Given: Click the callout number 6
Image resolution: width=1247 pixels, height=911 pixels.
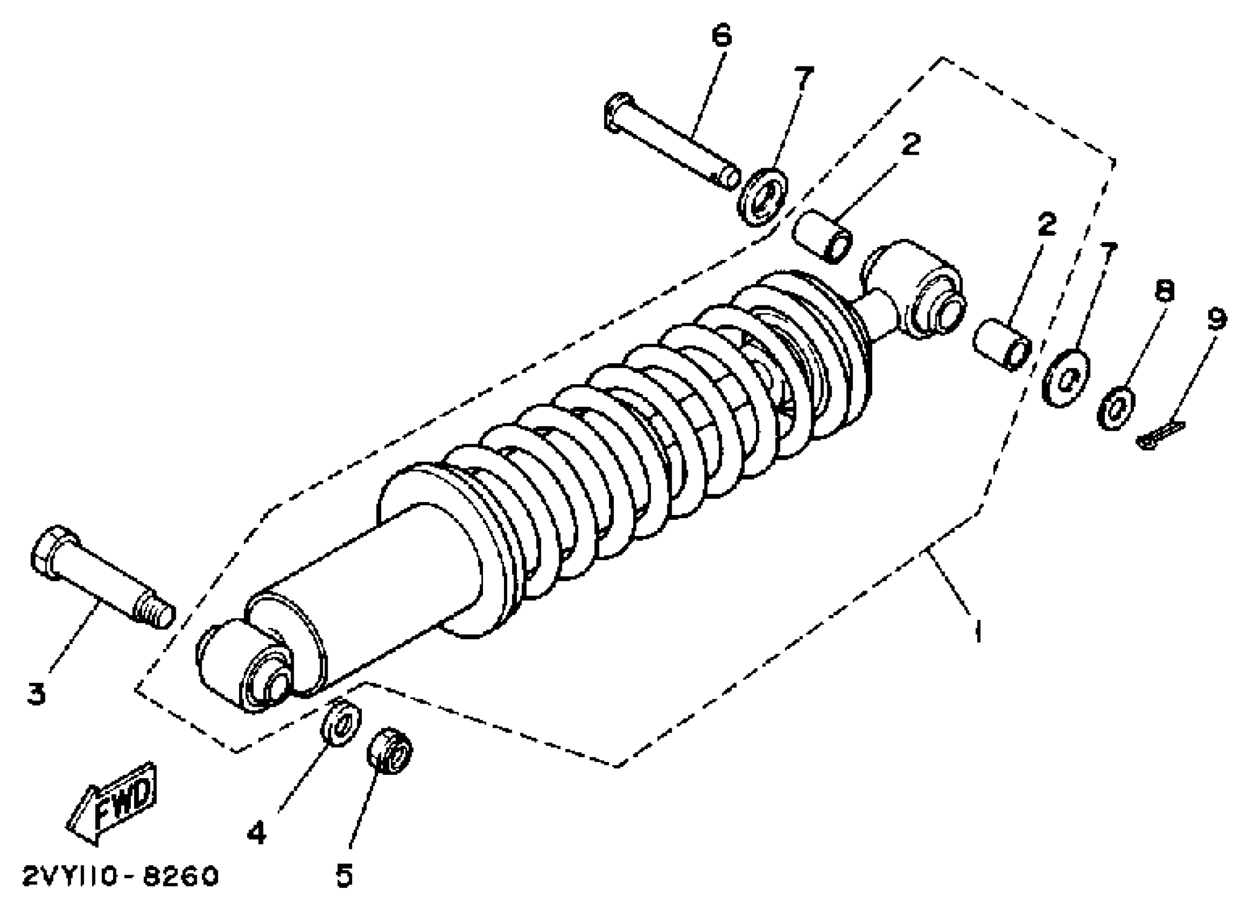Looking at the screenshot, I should point(722,36).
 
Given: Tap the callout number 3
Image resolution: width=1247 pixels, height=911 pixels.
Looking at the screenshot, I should point(36,693).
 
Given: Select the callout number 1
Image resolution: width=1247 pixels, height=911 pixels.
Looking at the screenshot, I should point(978,631).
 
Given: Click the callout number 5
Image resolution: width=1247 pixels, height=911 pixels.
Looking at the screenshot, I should point(344,875).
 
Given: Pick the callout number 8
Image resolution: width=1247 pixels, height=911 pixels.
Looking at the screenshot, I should point(1164,290).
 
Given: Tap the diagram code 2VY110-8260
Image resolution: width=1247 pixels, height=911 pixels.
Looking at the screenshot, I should point(120,876).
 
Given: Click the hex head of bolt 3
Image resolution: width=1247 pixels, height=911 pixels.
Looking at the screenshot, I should point(53,552).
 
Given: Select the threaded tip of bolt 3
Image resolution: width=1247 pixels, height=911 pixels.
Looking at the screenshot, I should point(154,611).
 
